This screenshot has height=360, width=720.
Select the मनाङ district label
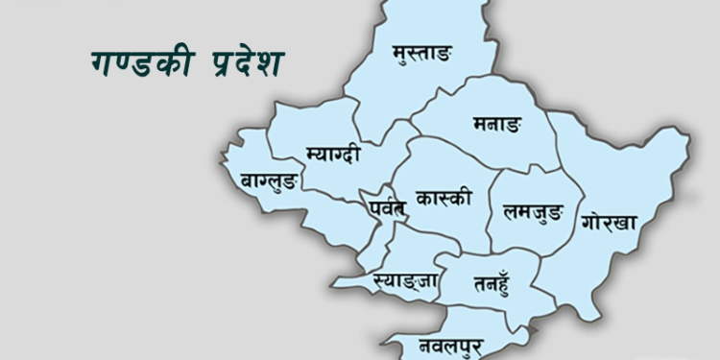[496, 125]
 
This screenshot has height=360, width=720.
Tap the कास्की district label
[444, 200]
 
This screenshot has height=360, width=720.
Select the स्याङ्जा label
[393, 280]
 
